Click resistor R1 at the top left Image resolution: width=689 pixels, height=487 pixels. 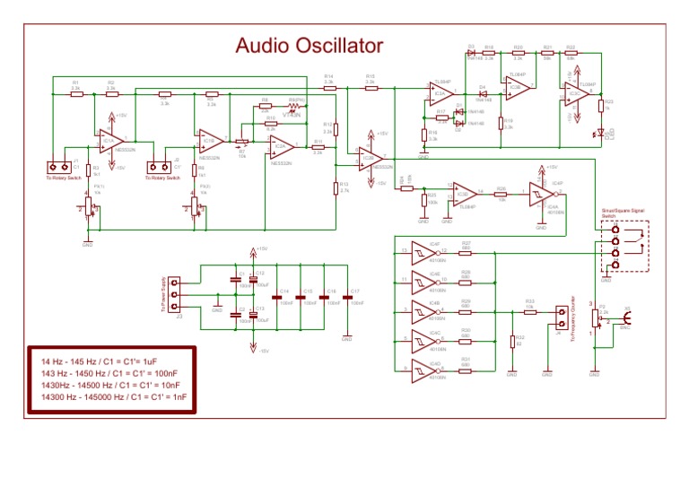(x=76, y=92)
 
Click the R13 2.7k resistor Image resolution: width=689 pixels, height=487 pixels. (x=335, y=187)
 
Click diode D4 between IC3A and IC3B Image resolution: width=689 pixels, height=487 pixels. (x=482, y=92)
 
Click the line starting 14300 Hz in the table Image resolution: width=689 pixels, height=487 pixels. (x=109, y=396)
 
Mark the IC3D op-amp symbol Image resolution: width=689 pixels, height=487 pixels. (x=464, y=193)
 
